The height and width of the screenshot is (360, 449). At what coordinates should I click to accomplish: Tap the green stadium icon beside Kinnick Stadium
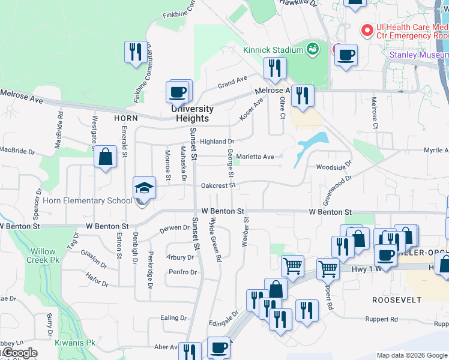(312, 49)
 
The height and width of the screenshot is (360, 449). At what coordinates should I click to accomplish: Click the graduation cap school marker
(144, 188)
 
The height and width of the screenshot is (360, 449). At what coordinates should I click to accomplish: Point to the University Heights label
(192, 113)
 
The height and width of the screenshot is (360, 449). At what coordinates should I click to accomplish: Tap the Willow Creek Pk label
(43, 256)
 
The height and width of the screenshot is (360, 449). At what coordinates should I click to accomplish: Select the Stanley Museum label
(419, 55)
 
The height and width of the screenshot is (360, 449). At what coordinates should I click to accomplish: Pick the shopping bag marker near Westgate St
(106, 157)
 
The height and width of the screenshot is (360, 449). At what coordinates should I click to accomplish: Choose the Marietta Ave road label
(255, 157)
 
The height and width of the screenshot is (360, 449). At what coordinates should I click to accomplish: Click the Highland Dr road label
(217, 142)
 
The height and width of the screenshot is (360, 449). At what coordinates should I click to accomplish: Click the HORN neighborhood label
(126, 118)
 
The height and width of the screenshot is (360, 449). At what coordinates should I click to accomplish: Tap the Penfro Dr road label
(183, 272)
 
